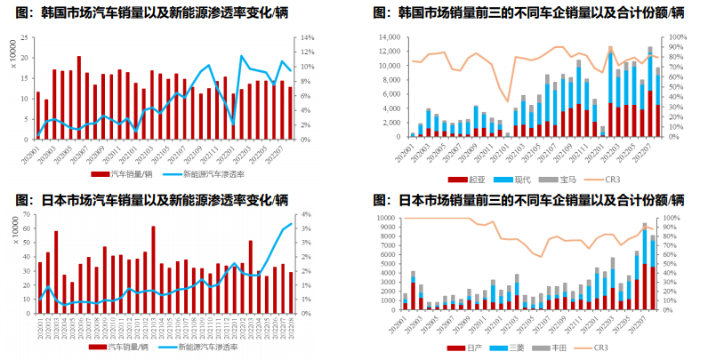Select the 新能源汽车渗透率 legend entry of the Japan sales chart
point(213,350)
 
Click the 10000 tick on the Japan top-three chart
point(385,217)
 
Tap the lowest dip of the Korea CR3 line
point(508,100)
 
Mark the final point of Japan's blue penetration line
point(291,220)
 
